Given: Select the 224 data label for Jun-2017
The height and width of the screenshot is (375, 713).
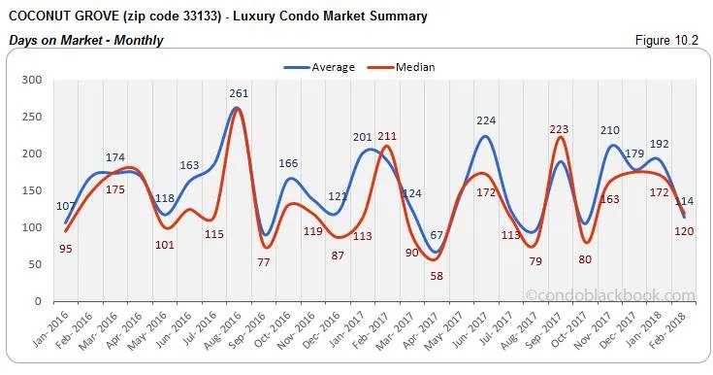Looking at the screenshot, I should (x=486, y=121).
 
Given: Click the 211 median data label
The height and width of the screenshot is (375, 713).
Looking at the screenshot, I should (x=387, y=136).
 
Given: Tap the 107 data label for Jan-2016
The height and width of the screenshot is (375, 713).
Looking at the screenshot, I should (x=66, y=206).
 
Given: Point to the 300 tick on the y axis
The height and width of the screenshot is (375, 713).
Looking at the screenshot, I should (x=32, y=80).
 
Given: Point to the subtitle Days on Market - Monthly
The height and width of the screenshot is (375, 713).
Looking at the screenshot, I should (x=84, y=40).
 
